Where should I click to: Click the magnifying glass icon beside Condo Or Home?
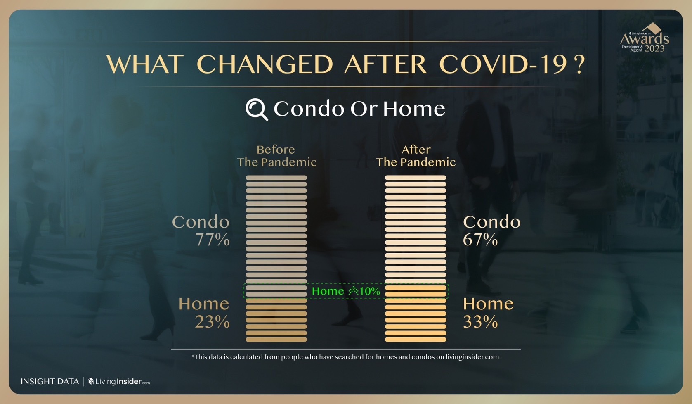(x=256, y=109)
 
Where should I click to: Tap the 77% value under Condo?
(x=213, y=240)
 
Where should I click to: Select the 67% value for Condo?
(x=480, y=240)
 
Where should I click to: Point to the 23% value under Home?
(x=213, y=322)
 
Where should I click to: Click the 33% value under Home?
(x=480, y=322)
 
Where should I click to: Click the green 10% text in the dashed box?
(x=370, y=291)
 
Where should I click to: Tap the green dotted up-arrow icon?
(x=353, y=290)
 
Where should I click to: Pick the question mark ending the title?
(x=580, y=64)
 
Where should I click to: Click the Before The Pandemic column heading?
(x=276, y=156)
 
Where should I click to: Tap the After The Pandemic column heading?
(x=416, y=156)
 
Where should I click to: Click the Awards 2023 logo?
(x=645, y=38)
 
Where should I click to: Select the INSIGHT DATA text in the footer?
(x=50, y=381)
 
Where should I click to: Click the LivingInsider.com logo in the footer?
(x=119, y=381)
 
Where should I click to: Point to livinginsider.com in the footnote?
(x=472, y=357)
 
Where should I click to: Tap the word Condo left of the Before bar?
(x=201, y=222)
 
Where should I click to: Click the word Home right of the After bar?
(x=488, y=304)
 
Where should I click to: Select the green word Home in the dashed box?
(x=328, y=291)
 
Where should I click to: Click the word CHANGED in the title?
(x=265, y=64)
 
